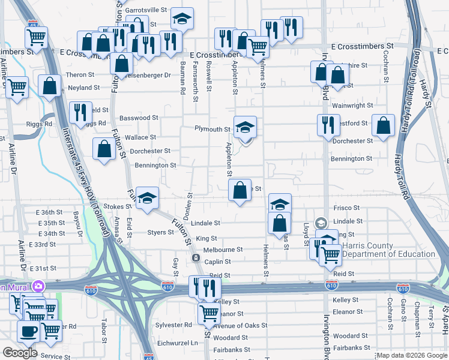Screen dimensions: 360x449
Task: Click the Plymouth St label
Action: [x=212, y=129]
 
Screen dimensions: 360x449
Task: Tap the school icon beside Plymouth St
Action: [x=245, y=127]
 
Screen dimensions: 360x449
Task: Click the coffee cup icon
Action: [x=28, y=331]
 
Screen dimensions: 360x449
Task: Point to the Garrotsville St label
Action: [x=145, y=10]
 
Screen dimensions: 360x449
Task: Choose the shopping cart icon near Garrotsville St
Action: [x=36, y=37]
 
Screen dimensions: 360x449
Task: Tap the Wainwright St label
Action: [x=352, y=106]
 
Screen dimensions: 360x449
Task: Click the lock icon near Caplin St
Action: [x=196, y=258]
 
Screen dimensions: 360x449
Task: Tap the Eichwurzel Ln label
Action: [x=177, y=343]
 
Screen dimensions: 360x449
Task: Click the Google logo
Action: [x=20, y=353]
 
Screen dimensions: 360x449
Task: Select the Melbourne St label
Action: [x=223, y=250]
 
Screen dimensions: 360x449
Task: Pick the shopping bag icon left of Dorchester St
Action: [x=104, y=149]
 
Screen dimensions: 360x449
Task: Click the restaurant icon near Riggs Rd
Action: [x=78, y=112]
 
